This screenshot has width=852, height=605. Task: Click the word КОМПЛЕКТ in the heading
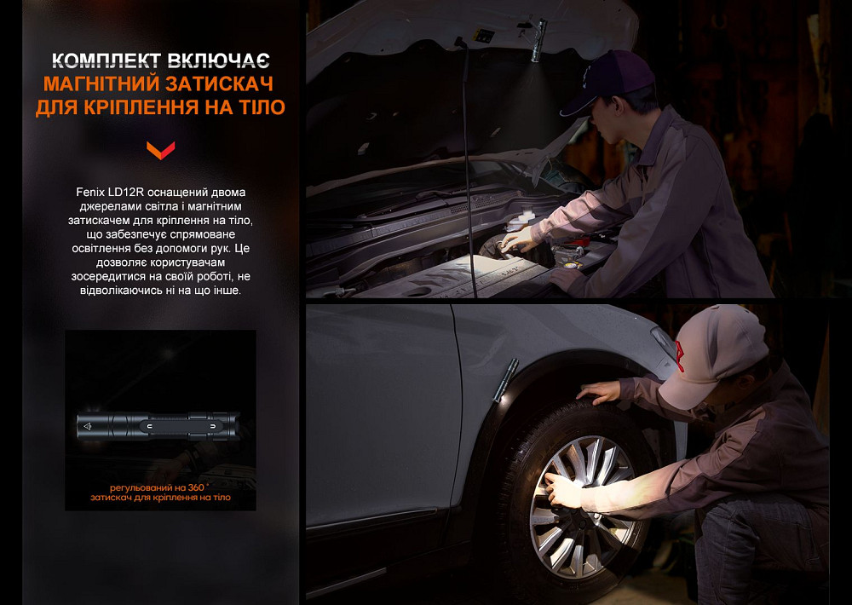[104, 60]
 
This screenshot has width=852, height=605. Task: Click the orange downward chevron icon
[159, 151]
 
